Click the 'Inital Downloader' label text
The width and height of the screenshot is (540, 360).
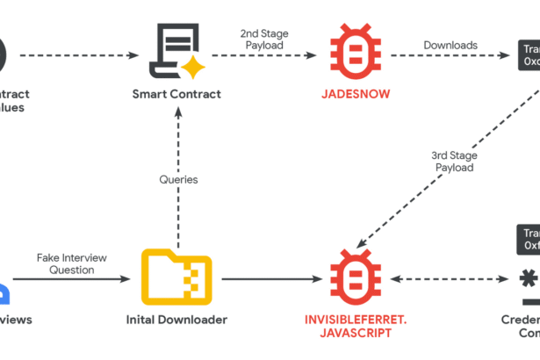(176, 320)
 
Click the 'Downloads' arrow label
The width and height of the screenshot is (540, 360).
(450, 44)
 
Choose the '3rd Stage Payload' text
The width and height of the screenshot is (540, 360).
(452, 161)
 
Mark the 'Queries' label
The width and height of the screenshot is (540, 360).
(178, 179)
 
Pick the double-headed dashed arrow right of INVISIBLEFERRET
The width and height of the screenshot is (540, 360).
(441, 280)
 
